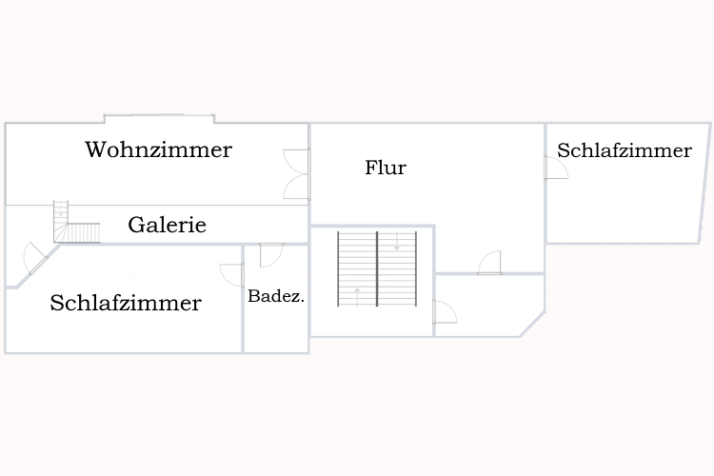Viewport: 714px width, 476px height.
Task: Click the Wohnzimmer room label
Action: tap(158, 149)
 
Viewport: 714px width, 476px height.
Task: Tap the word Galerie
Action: tap(167, 226)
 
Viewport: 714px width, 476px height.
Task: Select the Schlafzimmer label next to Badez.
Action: tap(126, 303)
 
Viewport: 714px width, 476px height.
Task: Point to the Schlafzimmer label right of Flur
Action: tap(625, 150)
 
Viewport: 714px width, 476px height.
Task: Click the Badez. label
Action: tap(276, 296)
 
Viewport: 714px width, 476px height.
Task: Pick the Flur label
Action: tap(386, 168)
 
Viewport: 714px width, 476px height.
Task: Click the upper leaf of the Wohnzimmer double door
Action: tap(296, 161)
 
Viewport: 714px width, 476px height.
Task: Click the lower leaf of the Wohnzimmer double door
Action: tap(296, 187)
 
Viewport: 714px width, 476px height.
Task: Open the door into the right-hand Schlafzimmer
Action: tap(556, 169)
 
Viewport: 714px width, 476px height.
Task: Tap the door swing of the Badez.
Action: tap(269, 254)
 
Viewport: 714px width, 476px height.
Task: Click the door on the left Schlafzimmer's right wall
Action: tap(232, 274)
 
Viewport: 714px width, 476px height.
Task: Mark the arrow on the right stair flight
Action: tap(397, 245)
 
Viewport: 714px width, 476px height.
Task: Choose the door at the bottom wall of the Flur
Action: tap(489, 263)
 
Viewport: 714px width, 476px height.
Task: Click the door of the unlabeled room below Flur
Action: tap(444, 311)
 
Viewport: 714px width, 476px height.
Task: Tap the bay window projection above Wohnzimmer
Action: tap(159, 118)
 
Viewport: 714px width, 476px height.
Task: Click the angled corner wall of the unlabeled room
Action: tap(532, 324)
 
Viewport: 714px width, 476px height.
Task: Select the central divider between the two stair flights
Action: tap(377, 268)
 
